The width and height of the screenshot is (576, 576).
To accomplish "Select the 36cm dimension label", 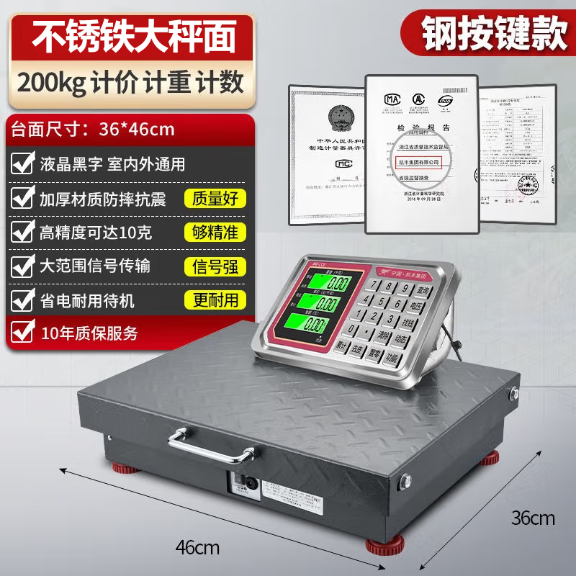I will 533,518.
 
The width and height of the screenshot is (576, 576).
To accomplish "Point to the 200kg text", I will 52,84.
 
